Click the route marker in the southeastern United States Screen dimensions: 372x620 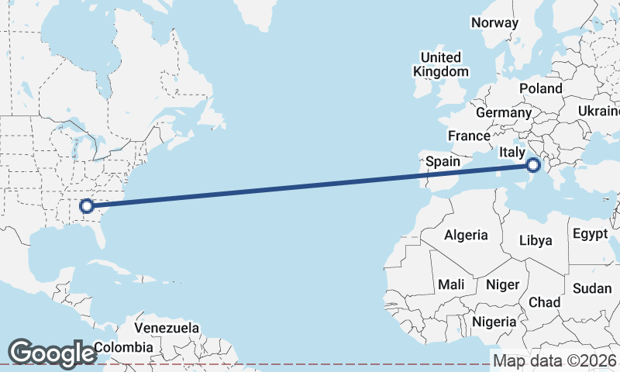(x=86, y=205)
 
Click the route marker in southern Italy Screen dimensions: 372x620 (x=533, y=165)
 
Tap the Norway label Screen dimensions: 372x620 (x=494, y=22)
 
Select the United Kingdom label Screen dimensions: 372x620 (x=441, y=64)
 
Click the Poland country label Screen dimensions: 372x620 (x=541, y=88)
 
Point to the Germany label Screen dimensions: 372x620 (x=504, y=112)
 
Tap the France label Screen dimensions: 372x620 (x=469, y=136)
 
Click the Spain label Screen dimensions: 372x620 (x=444, y=162)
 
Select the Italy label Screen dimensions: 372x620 (x=512, y=153)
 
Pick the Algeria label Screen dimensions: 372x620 (x=466, y=235)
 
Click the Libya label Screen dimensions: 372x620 (x=536, y=240)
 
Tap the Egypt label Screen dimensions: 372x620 (x=591, y=233)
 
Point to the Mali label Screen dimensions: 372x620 (x=451, y=284)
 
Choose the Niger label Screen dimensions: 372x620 (x=502, y=284)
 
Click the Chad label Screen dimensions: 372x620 (x=544, y=301)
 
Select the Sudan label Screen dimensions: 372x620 (x=592, y=288)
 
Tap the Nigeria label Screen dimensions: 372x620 (x=494, y=321)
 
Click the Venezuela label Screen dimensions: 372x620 (x=167, y=328)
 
